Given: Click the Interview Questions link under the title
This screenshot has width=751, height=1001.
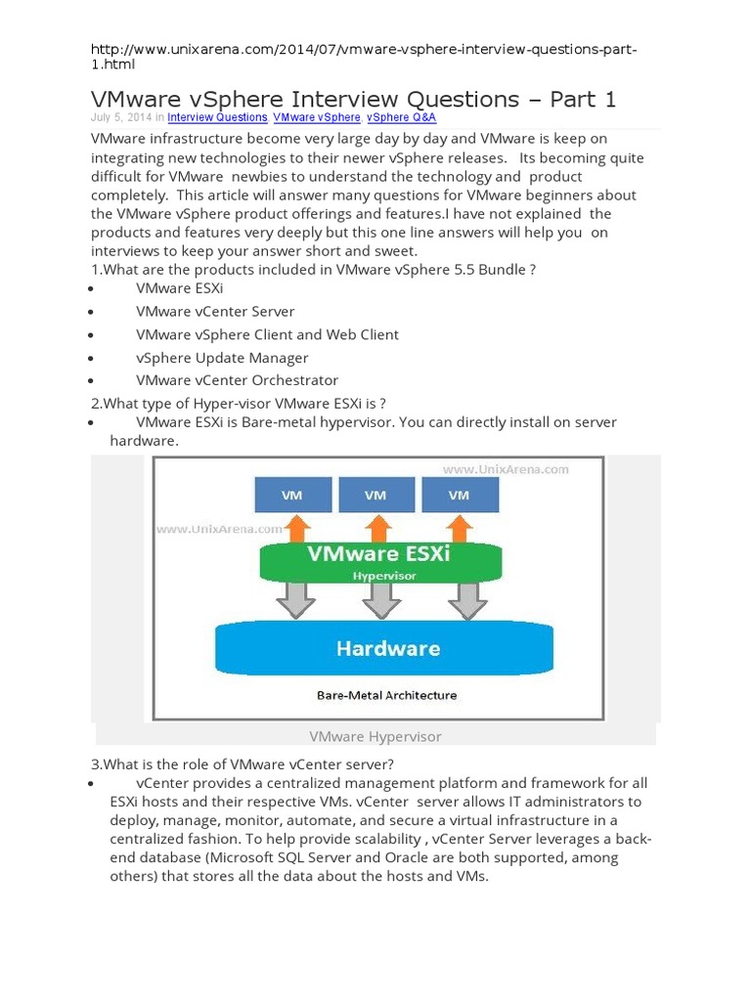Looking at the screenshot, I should coord(217,117).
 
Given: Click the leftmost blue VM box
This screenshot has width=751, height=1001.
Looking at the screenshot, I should coord(291,495).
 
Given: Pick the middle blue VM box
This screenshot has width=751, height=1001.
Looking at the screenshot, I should coord(375,495).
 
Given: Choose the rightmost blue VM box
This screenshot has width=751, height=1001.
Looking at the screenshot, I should coord(459,495).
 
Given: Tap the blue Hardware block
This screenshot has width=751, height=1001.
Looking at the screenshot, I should coord(388,648).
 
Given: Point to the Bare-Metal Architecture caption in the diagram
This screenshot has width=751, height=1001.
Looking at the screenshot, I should coord(386,696).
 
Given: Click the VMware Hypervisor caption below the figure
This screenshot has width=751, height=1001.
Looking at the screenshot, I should coord(375,736).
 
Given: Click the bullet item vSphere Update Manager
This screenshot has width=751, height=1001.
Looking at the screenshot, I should coord(222,358).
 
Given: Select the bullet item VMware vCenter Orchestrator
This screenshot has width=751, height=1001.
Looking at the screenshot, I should coord(238,380).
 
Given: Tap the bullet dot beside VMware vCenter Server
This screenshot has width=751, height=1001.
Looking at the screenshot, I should coord(90,313).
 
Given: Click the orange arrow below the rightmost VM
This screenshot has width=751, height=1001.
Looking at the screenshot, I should coord(460,529).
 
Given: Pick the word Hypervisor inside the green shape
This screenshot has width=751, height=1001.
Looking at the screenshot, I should coord(384,576).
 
